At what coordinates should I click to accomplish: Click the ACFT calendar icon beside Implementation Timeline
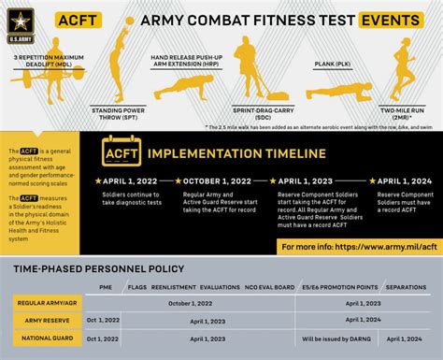pyautogui.click(x=120, y=153)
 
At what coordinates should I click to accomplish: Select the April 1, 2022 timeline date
pyautogui.click(x=127, y=180)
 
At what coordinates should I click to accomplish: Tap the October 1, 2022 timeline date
pyautogui.click(x=218, y=180)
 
